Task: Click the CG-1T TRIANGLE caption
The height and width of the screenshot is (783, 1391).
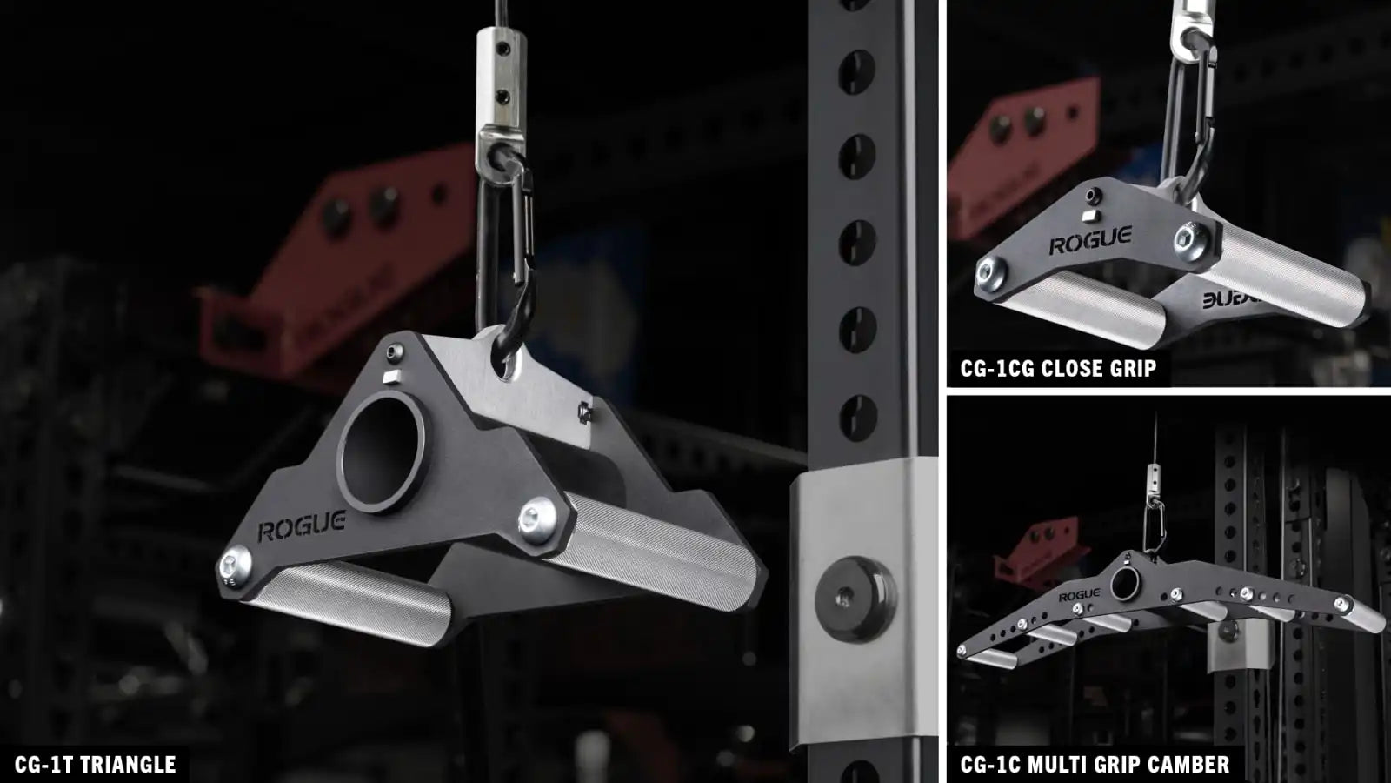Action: pyautogui.click(x=95, y=765)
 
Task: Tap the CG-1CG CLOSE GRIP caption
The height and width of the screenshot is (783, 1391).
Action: pyautogui.click(x=1058, y=369)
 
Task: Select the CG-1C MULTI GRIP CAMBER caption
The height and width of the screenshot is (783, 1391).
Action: pyautogui.click(x=1095, y=765)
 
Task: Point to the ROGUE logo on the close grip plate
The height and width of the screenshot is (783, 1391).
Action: pyautogui.click(x=1090, y=240)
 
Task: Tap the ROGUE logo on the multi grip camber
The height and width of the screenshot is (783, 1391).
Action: pyautogui.click(x=1079, y=595)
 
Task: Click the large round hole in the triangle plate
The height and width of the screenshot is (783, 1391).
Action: pyautogui.click(x=382, y=452)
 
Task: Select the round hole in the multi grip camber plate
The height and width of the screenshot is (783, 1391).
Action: pyautogui.click(x=1125, y=584)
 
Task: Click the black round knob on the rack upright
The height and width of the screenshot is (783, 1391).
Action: pyautogui.click(x=855, y=599)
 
